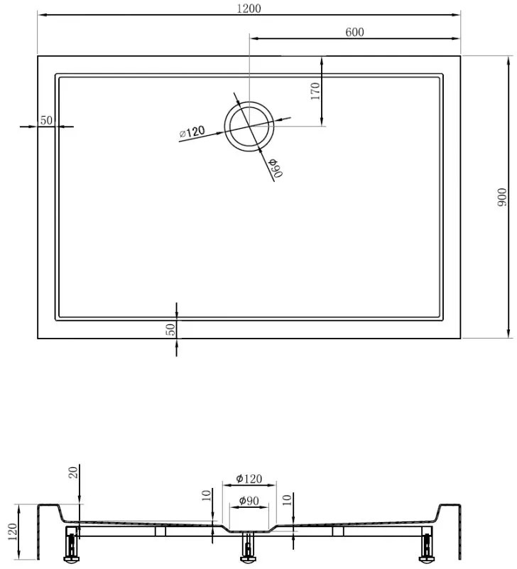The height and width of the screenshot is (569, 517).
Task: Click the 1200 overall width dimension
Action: (x=249, y=9)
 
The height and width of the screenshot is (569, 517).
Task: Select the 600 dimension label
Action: (x=355, y=32)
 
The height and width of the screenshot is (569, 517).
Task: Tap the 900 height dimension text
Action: (x=502, y=197)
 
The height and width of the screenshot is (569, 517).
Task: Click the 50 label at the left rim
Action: (x=46, y=120)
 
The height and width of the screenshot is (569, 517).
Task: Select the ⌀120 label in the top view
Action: (x=192, y=132)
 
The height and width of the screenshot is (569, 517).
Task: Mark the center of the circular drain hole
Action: (x=249, y=127)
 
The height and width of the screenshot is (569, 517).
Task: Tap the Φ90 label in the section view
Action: (x=249, y=501)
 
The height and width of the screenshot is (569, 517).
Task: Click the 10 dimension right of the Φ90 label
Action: (x=286, y=501)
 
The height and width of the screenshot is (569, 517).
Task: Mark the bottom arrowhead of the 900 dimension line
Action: (x=508, y=334)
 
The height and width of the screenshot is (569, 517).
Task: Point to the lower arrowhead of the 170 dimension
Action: (x=323, y=122)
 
